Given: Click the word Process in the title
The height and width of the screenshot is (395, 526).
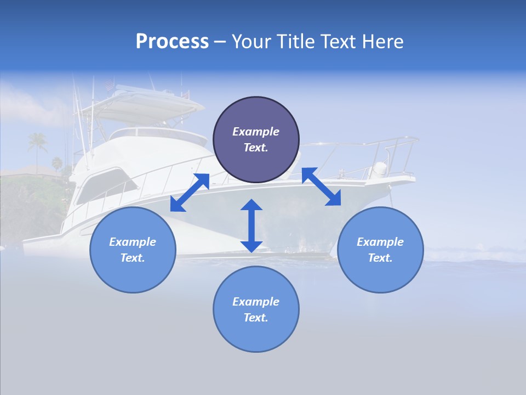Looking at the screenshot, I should pyautogui.click(x=172, y=42).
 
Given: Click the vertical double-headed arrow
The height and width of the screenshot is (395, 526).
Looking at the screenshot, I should pyautogui.click(x=251, y=225).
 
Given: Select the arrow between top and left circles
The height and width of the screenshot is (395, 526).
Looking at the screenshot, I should pyautogui.click(x=190, y=192).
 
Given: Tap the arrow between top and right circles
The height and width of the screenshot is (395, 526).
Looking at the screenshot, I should pyautogui.click(x=321, y=187).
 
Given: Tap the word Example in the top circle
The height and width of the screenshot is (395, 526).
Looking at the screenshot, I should pyautogui.click(x=256, y=132).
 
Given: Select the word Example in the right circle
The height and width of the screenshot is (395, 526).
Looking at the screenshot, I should pyautogui.click(x=380, y=242).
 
